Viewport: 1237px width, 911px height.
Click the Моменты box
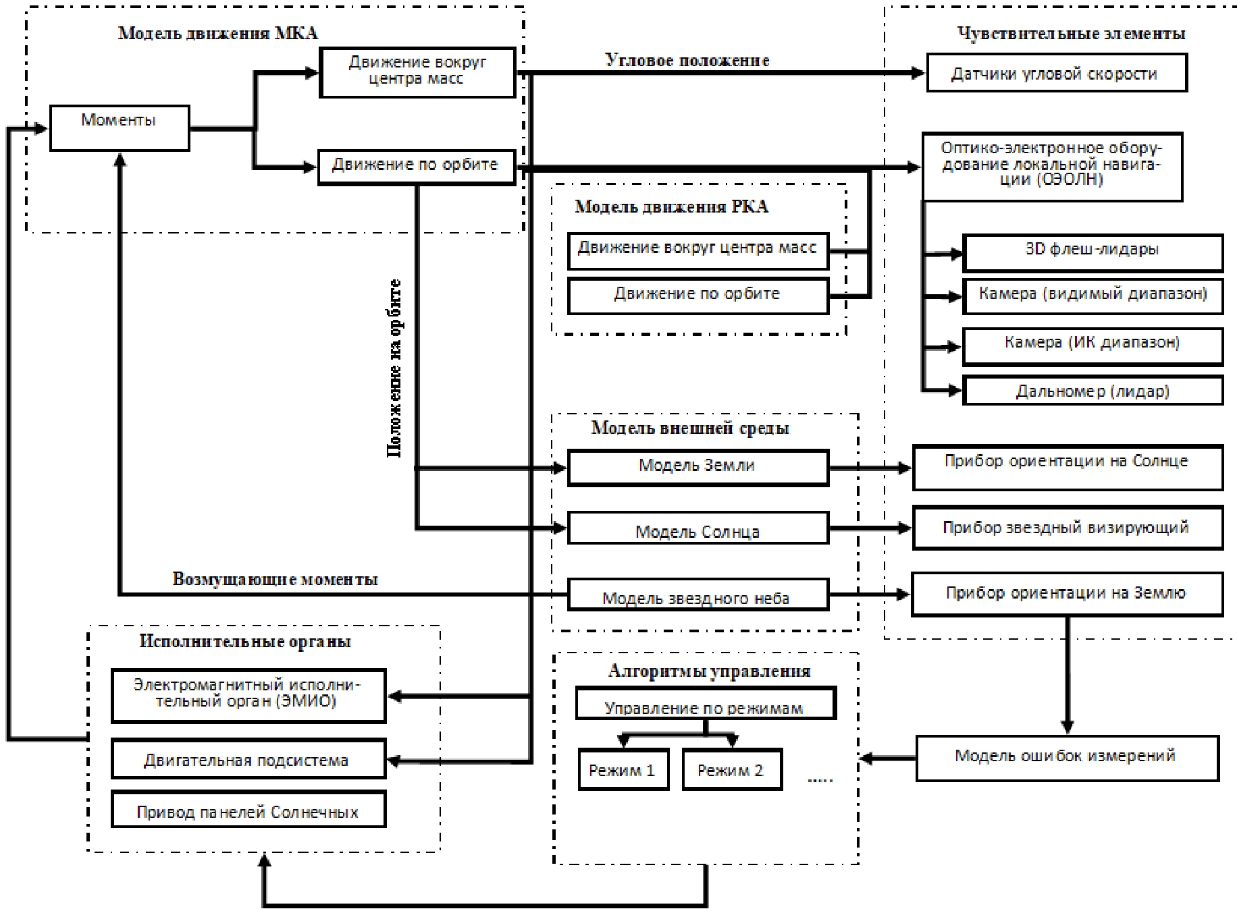pyautogui.click(x=120, y=128)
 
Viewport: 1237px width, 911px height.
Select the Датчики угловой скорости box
pyautogui.click(x=1056, y=73)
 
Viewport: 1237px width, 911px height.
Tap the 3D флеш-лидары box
pyautogui.click(x=1093, y=252)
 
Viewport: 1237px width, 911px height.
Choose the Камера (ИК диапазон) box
pyautogui.click(x=1093, y=346)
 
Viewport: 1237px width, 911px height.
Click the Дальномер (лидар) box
pyautogui.click(x=1093, y=391)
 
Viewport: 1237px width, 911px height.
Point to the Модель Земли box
pyautogui.click(x=698, y=467)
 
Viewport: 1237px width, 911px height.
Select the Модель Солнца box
pyautogui.click(x=698, y=528)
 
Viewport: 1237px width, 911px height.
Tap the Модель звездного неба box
pyautogui.click(x=698, y=595)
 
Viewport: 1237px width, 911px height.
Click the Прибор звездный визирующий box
pyautogui.click(x=1067, y=528)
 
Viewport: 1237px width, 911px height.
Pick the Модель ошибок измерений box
pyautogui.click(x=1067, y=758)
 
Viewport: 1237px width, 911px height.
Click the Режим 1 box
pyautogui.click(x=623, y=769)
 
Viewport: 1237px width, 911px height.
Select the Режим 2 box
pyautogui.click(x=731, y=769)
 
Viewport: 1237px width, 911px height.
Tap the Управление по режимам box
pyautogui.click(x=705, y=704)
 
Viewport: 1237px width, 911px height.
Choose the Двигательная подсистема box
pyautogui.click(x=248, y=759)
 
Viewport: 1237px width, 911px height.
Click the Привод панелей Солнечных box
pyautogui.click(x=248, y=810)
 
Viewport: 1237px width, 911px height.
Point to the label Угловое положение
pyautogui.click(x=687, y=60)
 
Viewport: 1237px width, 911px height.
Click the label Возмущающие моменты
pyautogui.click(x=275, y=579)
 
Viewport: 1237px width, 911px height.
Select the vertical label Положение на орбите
pyautogui.click(x=394, y=368)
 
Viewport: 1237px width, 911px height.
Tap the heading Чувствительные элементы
pyautogui.click(x=1071, y=33)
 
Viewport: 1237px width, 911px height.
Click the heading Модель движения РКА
pyautogui.click(x=671, y=206)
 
